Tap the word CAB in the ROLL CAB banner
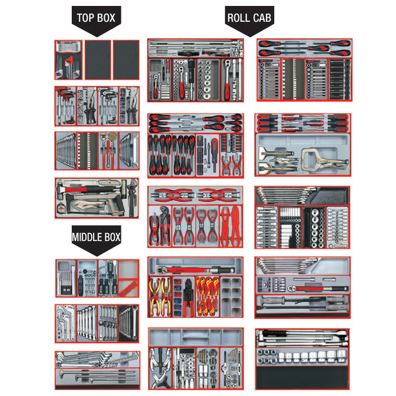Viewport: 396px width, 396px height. point(261,18)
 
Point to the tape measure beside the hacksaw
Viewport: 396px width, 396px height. point(61,209)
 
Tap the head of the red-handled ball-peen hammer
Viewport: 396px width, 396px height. point(61,189)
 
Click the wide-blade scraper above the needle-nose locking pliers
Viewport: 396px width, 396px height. point(277,152)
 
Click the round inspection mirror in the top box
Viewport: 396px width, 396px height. point(113,137)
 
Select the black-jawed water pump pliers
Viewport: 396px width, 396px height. point(164,225)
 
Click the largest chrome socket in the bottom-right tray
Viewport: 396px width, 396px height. point(341,356)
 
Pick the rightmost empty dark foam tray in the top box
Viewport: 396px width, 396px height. point(126,60)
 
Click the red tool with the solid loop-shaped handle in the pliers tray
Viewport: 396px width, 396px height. point(236,226)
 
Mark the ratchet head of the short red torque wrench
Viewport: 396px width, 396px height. point(292,288)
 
